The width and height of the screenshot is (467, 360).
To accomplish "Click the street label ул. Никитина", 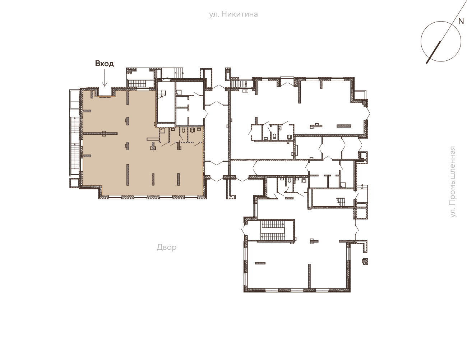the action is [x=233, y=14].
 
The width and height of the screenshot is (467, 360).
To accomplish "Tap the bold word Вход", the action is [x=105, y=64].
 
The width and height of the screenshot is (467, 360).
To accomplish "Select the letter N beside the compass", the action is [x=461, y=21].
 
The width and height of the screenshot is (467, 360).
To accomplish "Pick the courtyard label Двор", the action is [x=167, y=248].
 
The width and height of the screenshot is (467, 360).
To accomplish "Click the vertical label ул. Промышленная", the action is [x=453, y=182].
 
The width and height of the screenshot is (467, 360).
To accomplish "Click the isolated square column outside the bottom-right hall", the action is [x=365, y=261].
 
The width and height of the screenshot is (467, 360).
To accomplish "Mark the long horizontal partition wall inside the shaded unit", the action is [x=100, y=133].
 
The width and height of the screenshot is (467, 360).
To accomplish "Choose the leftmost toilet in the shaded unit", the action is [x=183, y=130].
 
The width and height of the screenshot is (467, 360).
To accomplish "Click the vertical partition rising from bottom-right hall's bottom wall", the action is [x=309, y=276].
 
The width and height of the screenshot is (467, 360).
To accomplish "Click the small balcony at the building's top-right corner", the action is [x=360, y=94].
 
